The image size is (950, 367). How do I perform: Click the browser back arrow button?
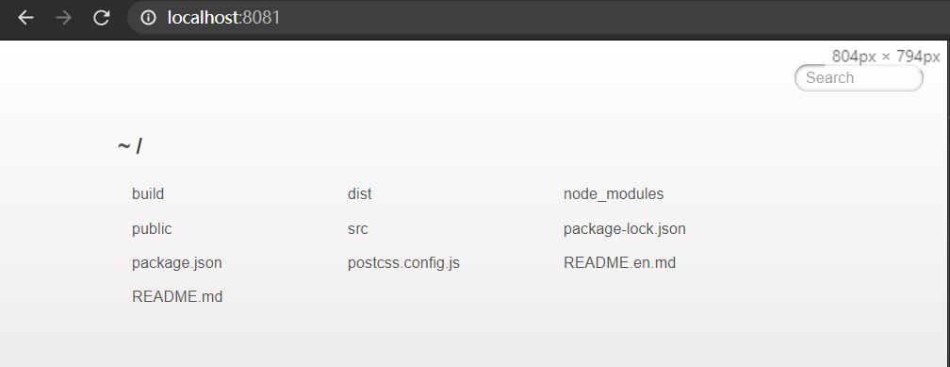pyautogui.click(x=25, y=18)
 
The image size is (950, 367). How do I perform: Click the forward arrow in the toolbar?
pyautogui.click(x=63, y=18)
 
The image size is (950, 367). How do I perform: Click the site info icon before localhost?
pyautogui.click(x=148, y=18)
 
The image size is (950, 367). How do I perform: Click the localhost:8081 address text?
pyautogui.click(x=223, y=18)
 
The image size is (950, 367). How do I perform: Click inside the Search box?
pyautogui.click(x=859, y=78)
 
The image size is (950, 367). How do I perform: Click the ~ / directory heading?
pyautogui.click(x=130, y=146)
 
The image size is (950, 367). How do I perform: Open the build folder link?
pyautogui.click(x=148, y=194)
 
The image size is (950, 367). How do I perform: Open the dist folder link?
pyautogui.click(x=360, y=194)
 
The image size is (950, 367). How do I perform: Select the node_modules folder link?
pyautogui.click(x=614, y=194)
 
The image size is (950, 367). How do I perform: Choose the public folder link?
pyautogui.click(x=152, y=228)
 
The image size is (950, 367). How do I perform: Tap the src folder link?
pyautogui.click(x=357, y=229)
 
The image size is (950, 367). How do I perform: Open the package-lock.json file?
pyautogui.click(x=625, y=229)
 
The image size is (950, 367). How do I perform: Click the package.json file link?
pyautogui.click(x=177, y=263)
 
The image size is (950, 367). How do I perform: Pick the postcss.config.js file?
pyautogui.click(x=403, y=263)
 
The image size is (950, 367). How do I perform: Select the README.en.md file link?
pyautogui.click(x=619, y=262)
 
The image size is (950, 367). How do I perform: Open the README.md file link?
pyautogui.click(x=177, y=296)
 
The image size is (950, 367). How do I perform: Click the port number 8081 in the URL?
pyautogui.click(x=261, y=18)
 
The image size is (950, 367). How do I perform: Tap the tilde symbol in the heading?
pyautogui.click(x=123, y=146)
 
